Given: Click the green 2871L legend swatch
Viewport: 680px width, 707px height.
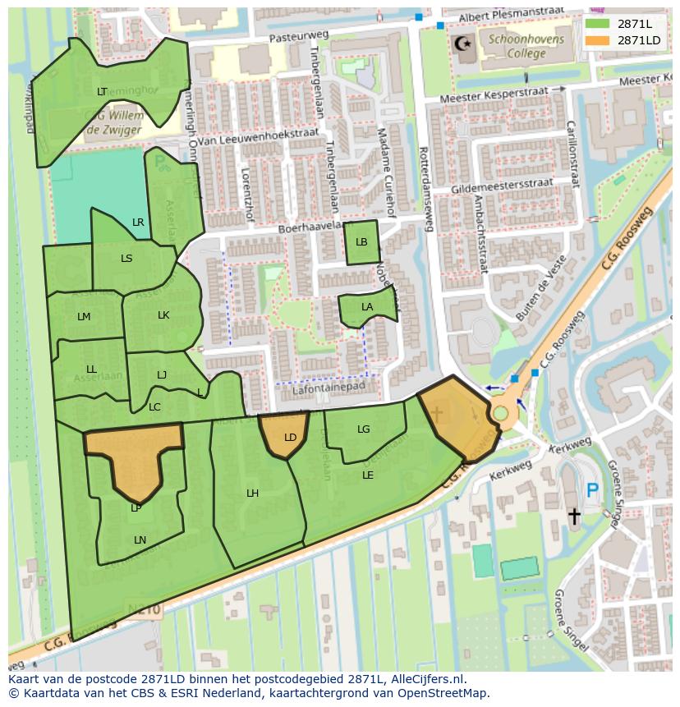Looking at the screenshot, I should (598, 24).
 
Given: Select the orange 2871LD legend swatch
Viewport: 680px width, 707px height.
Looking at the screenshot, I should (598, 40).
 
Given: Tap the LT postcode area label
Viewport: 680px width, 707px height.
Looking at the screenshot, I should (102, 92).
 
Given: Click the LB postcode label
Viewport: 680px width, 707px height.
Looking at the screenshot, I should (361, 242).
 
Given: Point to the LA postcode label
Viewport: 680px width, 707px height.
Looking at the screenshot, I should (367, 307).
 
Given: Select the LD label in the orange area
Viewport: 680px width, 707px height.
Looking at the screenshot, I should (290, 438).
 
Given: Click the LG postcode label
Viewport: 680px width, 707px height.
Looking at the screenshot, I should (364, 429).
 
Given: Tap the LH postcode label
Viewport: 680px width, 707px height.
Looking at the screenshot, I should (253, 494).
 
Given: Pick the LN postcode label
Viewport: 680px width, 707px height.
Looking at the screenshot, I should (140, 539).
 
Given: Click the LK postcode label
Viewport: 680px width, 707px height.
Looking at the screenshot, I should (163, 315).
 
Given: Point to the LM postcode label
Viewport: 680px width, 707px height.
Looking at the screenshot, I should (84, 317).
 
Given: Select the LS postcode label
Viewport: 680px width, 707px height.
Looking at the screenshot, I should (126, 259).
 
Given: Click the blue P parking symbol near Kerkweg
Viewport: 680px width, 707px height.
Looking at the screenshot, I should (592, 491).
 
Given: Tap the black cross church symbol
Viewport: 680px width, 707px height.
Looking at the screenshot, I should (574, 516).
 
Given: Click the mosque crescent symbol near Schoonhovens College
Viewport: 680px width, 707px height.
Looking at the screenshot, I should (462, 43).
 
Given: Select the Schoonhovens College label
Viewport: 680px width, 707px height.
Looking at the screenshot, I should (516, 47).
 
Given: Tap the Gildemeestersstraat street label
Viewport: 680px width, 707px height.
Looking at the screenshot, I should (502, 186).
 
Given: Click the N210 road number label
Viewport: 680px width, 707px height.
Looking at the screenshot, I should (145, 609).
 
